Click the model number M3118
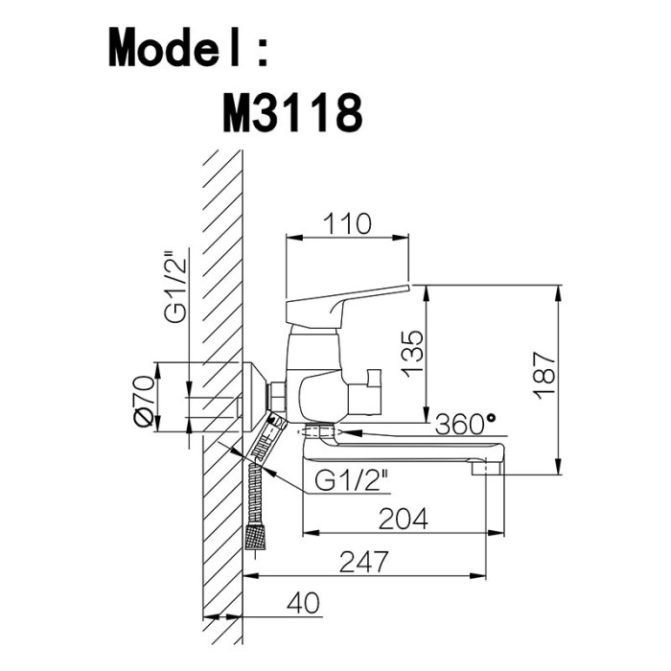coord(292,113)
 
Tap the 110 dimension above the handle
coord(347,223)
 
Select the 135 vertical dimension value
coord(413,354)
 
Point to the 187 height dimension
coord(545,375)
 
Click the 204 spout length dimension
coord(404,519)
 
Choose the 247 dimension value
coord(364,562)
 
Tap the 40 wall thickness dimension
coord(303,603)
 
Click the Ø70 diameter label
coord(144,401)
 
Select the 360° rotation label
coord(465,425)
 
